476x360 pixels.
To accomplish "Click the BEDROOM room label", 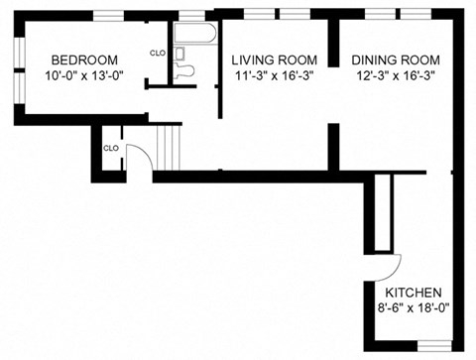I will pos(84,59).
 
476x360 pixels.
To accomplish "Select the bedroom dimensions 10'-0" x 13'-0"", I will pos(84,74).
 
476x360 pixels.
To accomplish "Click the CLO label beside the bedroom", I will pos(157,53).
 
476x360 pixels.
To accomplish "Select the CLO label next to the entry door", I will pos(111,148).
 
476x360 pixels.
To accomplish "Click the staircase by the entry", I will pos(170,149).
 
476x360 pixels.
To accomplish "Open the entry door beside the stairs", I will pos(141,159).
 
